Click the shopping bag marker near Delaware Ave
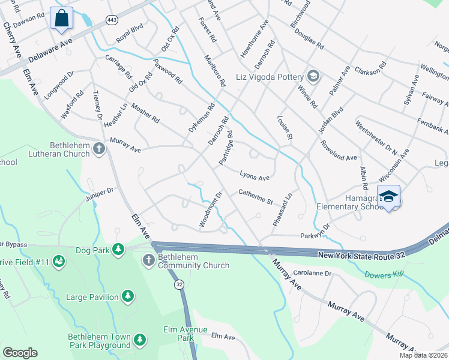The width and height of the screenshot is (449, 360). coord(61,19)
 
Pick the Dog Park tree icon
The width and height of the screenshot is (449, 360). coord(118,248)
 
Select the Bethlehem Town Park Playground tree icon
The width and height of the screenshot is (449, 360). coord(139,340)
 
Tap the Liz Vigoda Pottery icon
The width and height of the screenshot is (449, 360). coord(312,76)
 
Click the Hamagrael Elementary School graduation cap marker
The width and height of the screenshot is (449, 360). coord(388,196)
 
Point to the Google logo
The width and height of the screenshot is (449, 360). coord(20,353)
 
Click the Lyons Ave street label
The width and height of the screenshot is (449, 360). coord(255,178)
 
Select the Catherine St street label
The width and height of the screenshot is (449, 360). coord(256,196)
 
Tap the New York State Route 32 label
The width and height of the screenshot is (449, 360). coord(354,256)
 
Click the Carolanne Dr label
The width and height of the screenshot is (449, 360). coord(312,273)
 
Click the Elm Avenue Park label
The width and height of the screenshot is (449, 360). coord(185,330)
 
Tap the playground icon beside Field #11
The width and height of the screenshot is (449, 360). coord(59,261)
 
